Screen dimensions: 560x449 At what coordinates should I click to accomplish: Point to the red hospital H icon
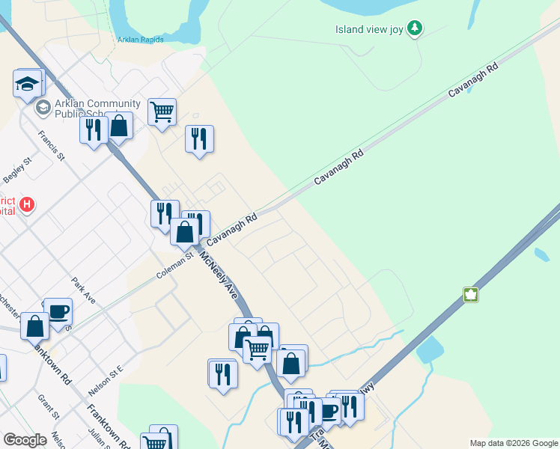(28, 204)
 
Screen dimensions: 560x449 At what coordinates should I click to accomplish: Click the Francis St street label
(52, 147)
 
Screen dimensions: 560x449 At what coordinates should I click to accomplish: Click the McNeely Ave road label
(218, 275)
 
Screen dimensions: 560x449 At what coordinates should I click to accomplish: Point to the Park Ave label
(84, 291)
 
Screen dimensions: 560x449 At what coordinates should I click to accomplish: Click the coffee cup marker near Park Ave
(58, 311)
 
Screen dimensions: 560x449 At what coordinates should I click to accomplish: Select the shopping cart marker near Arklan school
(162, 112)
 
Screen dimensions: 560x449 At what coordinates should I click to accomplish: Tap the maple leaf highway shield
(470, 294)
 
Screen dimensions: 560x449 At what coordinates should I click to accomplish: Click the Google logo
(25, 441)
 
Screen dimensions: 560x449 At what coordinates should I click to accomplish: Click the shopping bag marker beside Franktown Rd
(34, 326)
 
